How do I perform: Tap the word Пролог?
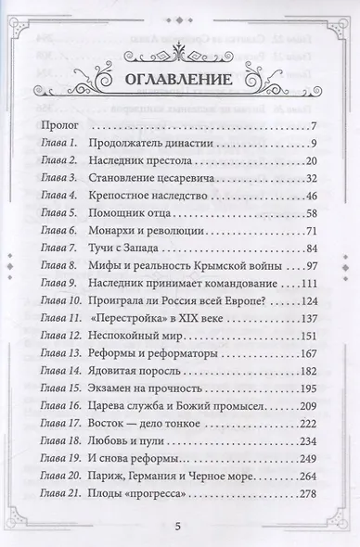coord(62,125)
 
